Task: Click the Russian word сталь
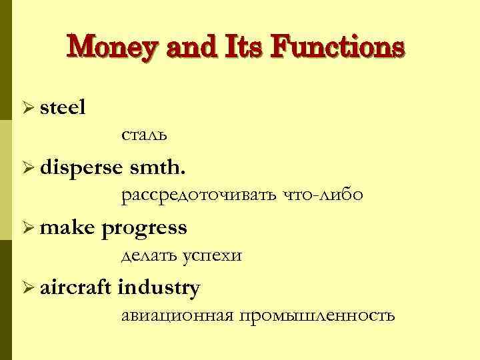(x=144, y=135)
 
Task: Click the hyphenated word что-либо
(x=323, y=195)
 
